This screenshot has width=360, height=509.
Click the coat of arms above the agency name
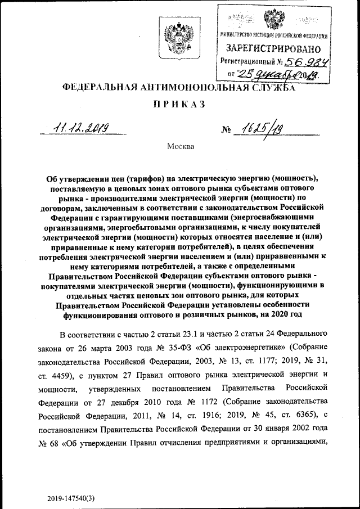(x=169, y=35)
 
